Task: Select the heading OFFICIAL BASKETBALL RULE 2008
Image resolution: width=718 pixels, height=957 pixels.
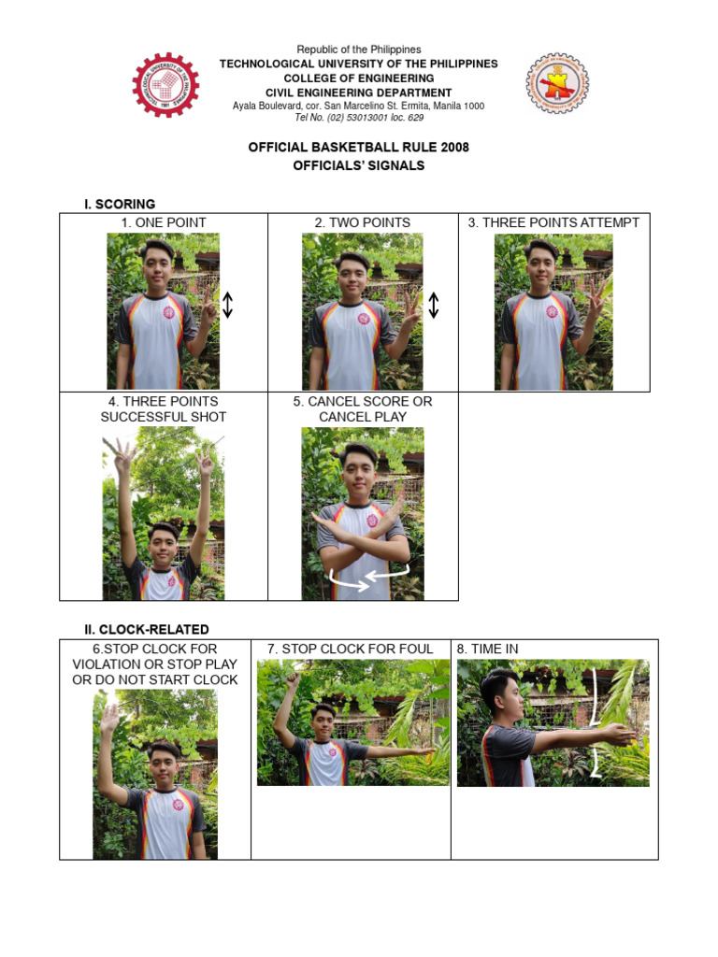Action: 358,148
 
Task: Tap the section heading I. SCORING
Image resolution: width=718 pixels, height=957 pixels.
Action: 120,204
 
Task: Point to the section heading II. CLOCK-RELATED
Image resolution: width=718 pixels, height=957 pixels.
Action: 147,629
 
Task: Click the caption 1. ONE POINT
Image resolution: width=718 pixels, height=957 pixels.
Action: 164,222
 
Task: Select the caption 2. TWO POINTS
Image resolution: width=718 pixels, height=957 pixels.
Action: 363,222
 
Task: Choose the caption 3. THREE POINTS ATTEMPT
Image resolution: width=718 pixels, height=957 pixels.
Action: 553,222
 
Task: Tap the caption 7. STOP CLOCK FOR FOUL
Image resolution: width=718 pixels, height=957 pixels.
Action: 351,649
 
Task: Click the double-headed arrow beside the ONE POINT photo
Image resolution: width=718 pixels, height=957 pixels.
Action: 227,306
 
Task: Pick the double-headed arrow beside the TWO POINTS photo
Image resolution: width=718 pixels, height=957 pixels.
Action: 433,306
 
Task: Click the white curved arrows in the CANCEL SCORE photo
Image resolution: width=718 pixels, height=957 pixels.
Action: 364,580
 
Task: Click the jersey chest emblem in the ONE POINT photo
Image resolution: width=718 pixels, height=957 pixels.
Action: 169,312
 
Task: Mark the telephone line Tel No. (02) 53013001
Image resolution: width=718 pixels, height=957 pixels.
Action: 358,118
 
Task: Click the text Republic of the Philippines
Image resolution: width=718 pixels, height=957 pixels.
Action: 358,50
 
